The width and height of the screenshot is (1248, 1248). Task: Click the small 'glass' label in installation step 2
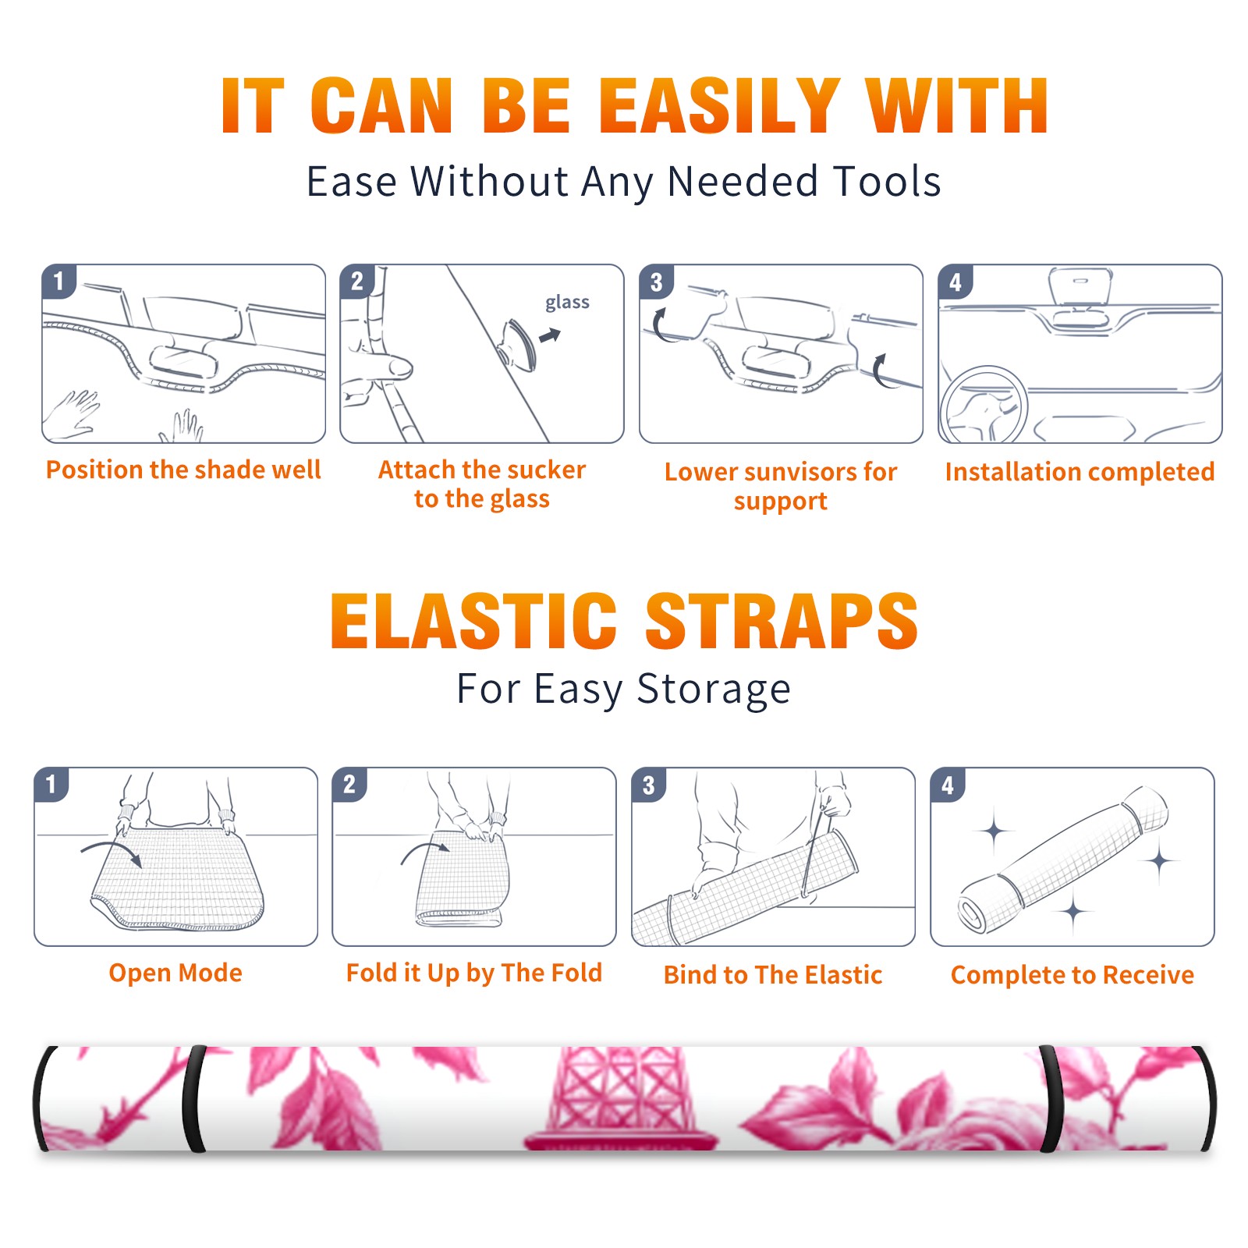pyautogui.click(x=567, y=303)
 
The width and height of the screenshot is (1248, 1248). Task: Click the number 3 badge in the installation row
pyautogui.click(x=656, y=282)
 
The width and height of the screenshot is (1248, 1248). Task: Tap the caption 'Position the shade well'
pyautogui.click(x=183, y=470)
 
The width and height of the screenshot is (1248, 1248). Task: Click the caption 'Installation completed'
pyautogui.click(x=1080, y=472)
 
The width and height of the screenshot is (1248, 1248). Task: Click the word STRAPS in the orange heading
pyautogui.click(x=782, y=621)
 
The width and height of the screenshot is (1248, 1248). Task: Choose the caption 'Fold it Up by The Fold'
pyautogui.click(x=474, y=973)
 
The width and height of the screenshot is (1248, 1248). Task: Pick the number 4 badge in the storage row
pyautogui.click(x=948, y=785)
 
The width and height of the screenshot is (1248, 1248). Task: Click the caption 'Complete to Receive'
pyautogui.click(x=1072, y=975)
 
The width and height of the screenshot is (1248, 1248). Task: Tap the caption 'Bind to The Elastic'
pyautogui.click(x=773, y=975)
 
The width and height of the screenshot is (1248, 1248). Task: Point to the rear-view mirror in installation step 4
pyautogui.click(x=1080, y=289)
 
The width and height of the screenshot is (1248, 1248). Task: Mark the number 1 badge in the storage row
pyautogui.click(x=51, y=785)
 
